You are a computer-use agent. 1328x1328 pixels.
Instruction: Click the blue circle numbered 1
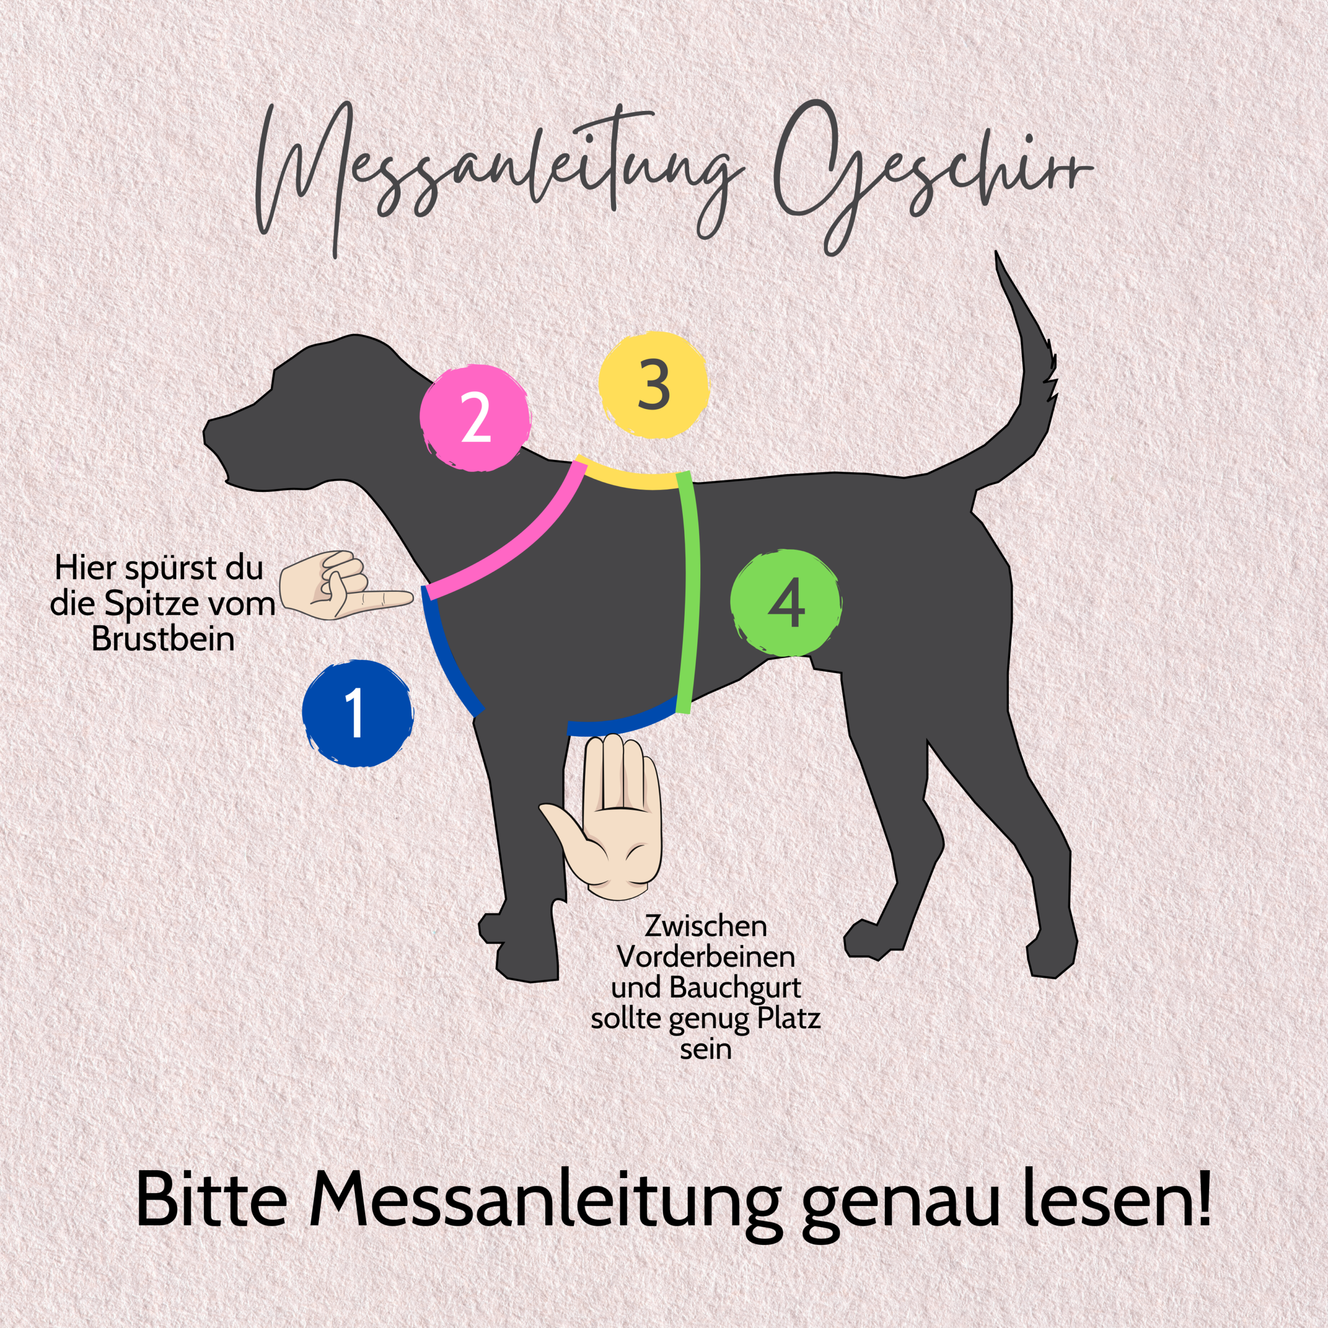(358, 713)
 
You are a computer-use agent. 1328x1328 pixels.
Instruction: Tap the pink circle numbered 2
(475, 417)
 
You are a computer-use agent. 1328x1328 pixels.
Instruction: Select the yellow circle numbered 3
(653, 385)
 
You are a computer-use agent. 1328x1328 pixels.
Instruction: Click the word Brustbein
(163, 639)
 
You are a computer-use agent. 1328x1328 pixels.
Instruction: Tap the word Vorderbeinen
(706, 956)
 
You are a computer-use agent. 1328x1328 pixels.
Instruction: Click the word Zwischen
(706, 926)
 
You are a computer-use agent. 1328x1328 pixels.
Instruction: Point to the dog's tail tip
(996, 253)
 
